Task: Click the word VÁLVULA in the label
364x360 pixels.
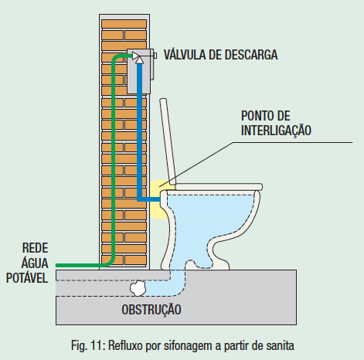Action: click(185, 55)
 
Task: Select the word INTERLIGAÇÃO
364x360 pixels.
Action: click(276, 131)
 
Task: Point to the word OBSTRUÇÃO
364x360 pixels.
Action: click(151, 309)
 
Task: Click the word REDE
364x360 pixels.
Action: click(36, 248)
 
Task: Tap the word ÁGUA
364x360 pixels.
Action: click(35, 263)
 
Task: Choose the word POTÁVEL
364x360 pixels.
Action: click(27, 278)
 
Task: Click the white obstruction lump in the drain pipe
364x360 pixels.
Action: click(138, 288)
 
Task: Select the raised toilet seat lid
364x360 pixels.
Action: click(168, 141)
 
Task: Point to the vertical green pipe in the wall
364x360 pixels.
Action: click(114, 160)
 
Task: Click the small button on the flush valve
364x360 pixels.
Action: click(155, 56)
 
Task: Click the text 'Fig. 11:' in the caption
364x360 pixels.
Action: click(87, 345)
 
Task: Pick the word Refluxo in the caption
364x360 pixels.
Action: click(125, 345)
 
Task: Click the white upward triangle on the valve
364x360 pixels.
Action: click(139, 59)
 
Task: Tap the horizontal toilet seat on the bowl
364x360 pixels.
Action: click(219, 187)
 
